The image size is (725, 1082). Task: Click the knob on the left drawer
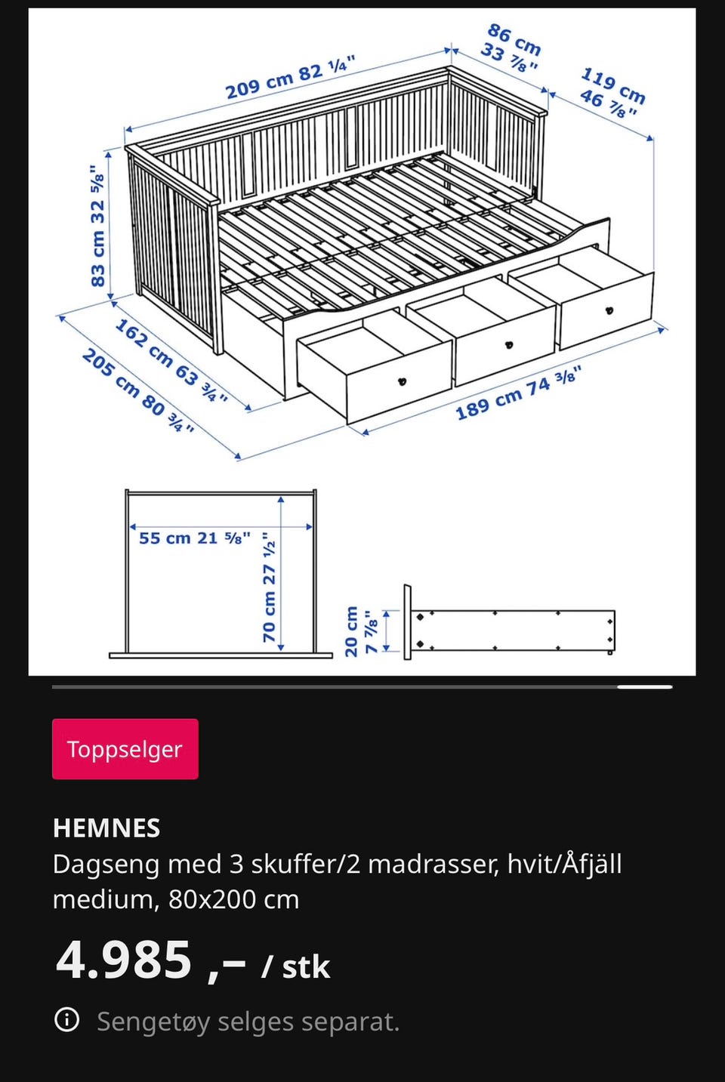(402, 381)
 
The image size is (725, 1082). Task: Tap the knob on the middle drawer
(508, 345)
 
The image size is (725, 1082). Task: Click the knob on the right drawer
(609, 310)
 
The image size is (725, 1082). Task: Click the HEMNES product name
(106, 828)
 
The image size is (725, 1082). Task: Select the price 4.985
(125, 960)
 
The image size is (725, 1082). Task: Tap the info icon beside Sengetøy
(66, 1020)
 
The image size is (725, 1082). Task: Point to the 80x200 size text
(234, 899)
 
